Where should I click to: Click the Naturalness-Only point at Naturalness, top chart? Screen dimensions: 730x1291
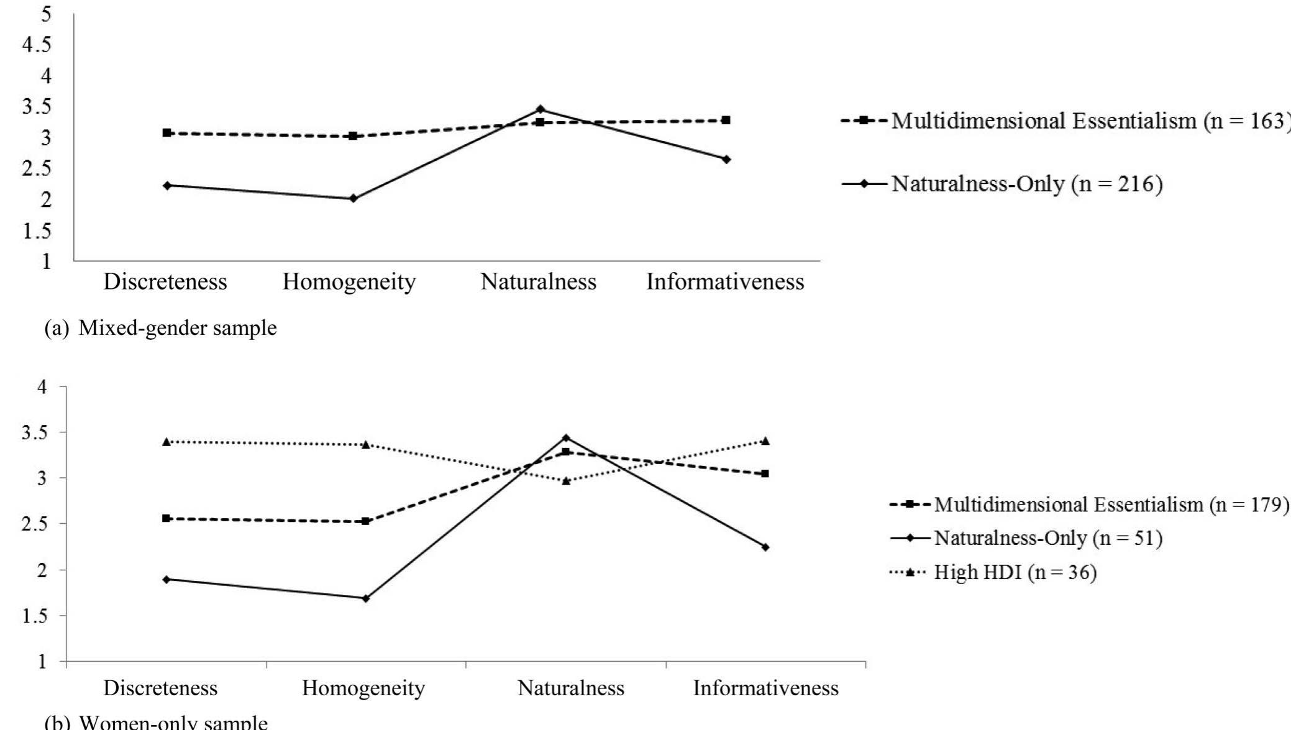(540, 109)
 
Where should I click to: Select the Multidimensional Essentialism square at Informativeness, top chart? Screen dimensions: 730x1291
(726, 120)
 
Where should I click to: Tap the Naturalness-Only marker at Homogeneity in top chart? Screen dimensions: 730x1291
(353, 199)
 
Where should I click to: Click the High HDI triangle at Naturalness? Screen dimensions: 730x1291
(565, 481)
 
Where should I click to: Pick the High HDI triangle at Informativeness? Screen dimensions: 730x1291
(765, 441)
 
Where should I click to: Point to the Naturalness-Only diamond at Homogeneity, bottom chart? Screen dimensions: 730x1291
(365, 598)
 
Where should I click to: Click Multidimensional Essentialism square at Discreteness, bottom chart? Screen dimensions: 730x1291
(166, 518)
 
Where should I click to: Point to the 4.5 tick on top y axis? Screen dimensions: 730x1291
(36, 45)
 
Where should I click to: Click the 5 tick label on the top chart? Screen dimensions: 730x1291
(46, 14)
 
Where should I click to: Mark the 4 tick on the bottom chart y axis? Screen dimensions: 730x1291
(42, 386)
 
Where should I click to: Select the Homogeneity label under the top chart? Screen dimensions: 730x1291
(349, 282)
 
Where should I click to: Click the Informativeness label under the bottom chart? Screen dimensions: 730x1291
(765, 688)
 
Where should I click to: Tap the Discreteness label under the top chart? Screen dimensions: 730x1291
(165, 282)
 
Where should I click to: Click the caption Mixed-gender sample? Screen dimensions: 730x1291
(177, 327)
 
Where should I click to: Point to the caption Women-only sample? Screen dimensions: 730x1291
(173, 723)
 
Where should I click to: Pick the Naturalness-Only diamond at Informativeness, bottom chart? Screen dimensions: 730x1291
(765, 547)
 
